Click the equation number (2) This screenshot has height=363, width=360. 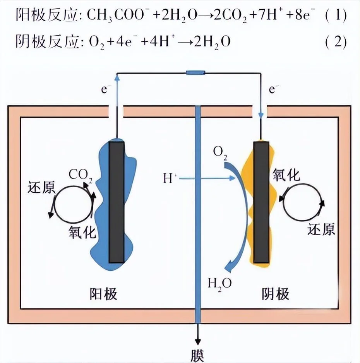336,42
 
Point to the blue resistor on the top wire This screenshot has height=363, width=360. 195,73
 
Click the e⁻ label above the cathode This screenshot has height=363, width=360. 274,89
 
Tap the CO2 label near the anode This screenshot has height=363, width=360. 81,175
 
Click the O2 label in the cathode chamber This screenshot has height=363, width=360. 220,152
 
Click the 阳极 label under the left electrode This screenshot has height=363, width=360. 103,294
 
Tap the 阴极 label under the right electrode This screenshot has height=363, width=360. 276,294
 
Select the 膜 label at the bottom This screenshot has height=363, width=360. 197,355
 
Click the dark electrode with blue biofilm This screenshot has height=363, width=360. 117,202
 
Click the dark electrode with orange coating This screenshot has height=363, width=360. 261,202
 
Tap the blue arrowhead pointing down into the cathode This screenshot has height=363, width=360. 261,116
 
